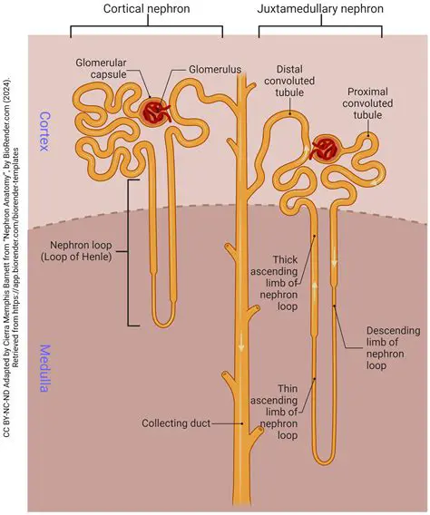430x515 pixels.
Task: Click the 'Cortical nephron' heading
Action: pos(147,9)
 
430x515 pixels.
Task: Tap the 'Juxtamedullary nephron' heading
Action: pos(320,9)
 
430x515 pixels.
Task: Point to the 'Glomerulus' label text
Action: pos(216,68)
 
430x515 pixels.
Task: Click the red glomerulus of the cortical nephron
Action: pos(155,112)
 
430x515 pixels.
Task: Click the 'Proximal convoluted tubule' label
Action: pos(379,104)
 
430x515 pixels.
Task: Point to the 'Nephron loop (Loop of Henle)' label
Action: pos(69,251)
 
